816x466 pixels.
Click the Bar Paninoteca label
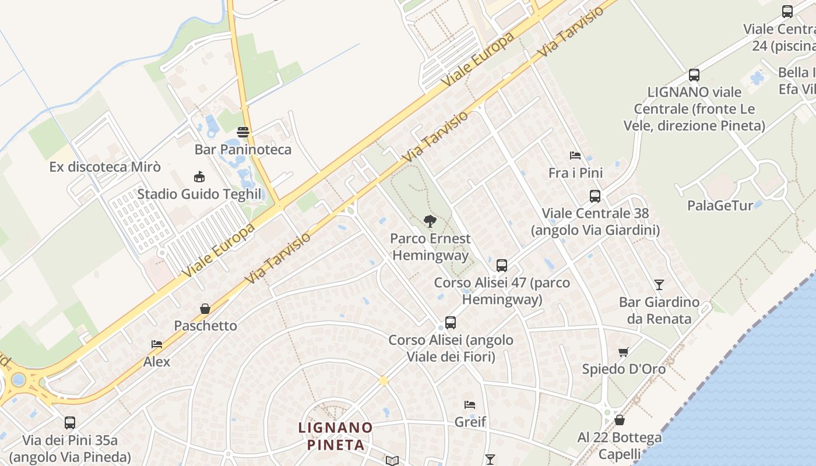[243, 150]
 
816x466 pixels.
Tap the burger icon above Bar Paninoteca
[243, 132]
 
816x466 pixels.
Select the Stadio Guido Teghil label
[199, 194]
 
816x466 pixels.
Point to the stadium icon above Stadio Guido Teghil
[199, 176]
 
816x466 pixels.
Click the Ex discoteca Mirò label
[105, 167]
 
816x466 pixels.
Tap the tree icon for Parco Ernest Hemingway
[430, 221]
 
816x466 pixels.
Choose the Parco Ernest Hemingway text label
[430, 247]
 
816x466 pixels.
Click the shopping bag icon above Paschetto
[205, 308]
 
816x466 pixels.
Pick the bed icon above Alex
[157, 344]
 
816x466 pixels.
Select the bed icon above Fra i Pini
[575, 156]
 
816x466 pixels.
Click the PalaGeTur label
[720, 206]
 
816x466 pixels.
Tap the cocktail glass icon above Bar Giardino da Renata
[659, 285]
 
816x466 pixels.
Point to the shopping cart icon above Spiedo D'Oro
[624, 352]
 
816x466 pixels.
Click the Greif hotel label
[470, 422]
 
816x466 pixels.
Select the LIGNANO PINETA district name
[336, 436]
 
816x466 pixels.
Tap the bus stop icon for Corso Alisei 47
[502, 266]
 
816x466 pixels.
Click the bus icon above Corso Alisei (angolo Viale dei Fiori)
[451, 323]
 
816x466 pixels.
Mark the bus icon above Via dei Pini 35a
[70, 423]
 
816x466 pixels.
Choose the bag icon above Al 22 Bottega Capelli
[620, 420]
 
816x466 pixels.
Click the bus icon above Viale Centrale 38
[595, 196]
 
